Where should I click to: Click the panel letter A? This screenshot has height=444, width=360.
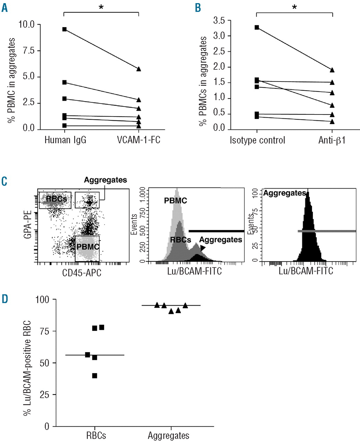tap(5, 8)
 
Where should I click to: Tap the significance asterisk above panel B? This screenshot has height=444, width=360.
tap(294, 7)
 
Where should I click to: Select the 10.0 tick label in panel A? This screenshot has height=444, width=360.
tap(27, 24)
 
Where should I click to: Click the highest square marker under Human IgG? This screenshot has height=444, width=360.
tap(64, 29)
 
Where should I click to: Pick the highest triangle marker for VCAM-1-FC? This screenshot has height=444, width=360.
tap(139, 69)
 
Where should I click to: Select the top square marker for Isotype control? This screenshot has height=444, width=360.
tap(257, 27)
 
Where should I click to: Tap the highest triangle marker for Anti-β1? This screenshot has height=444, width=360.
tap(332, 70)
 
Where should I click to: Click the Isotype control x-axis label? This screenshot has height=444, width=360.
tap(257, 140)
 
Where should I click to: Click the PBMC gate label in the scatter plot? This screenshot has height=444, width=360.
tap(88, 247)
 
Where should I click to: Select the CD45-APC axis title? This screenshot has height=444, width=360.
tap(82, 273)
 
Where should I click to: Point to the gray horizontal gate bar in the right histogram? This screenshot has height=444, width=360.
tap(327, 231)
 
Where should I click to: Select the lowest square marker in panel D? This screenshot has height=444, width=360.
tap(95, 376)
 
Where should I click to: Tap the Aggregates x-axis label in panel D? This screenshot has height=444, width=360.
tap(169, 436)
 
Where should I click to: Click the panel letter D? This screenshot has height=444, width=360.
tap(5, 299)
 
